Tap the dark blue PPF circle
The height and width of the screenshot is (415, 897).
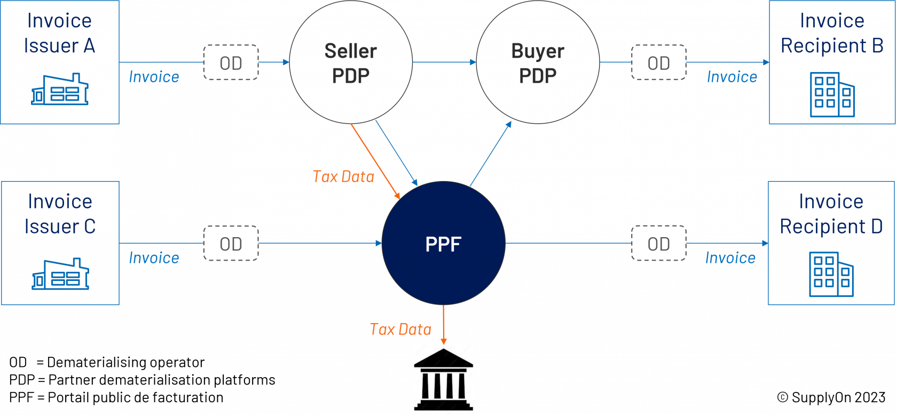[443, 243]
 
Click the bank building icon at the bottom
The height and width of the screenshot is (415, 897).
[443, 379]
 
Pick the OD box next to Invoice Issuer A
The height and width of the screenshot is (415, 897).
[231, 62]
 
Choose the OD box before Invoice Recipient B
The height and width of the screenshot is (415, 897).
[659, 62]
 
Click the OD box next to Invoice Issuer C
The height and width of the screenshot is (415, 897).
[231, 244]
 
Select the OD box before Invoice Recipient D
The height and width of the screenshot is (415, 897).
[659, 244]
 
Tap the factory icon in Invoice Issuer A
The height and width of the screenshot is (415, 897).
[60, 89]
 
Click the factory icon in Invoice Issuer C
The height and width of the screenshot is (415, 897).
[60, 273]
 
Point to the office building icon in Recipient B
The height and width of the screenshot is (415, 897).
[832, 95]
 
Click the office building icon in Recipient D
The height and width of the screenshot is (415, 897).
[831, 275]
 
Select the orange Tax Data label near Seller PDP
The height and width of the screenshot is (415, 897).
[343, 177]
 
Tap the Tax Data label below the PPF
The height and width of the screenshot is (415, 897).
[400, 329]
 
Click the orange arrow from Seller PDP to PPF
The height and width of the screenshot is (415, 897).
[376, 161]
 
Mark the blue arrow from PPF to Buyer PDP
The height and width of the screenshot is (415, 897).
[491, 154]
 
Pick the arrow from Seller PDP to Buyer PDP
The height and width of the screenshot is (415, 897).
[444, 62]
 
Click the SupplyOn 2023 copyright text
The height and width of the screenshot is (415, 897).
[831, 397]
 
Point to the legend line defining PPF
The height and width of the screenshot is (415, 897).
[116, 397]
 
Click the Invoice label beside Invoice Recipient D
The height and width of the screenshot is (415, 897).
[730, 258]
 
